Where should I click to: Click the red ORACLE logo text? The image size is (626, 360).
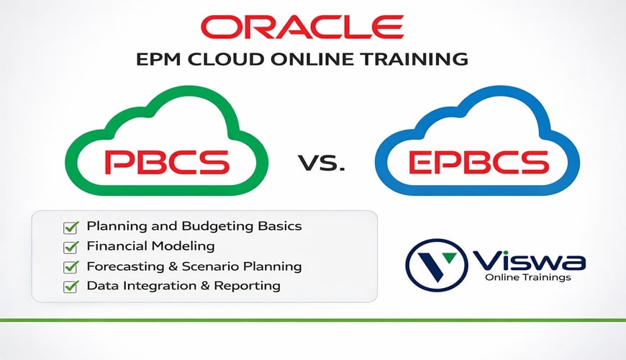[312, 27]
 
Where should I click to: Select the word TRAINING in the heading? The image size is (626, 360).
[413, 59]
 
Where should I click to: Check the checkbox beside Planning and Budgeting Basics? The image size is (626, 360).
[71, 228]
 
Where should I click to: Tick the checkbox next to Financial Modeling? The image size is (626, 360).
[71, 247]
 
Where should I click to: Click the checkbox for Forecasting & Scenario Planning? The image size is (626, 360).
[71, 267]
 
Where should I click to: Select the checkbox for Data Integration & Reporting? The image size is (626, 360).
[71, 287]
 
